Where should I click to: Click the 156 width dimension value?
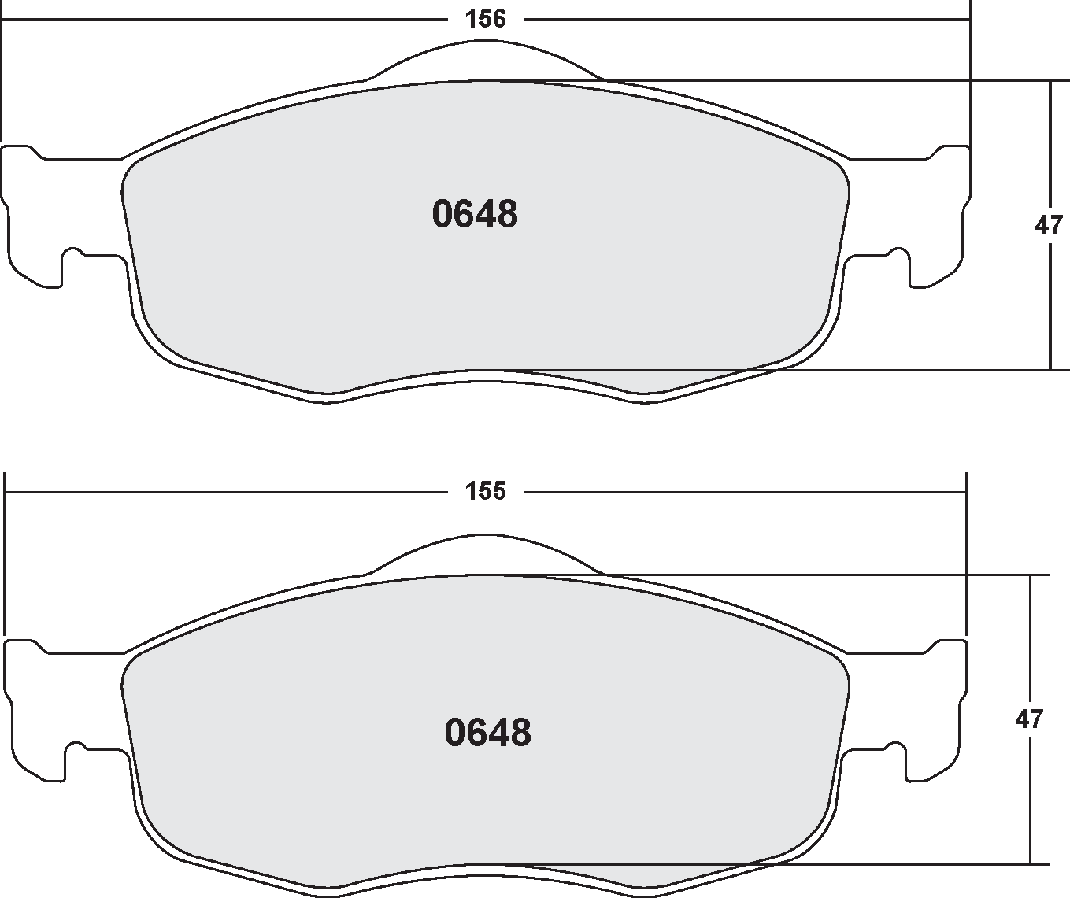click(x=485, y=19)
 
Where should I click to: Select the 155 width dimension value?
click(x=485, y=492)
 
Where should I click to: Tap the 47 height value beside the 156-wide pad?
click(x=1048, y=226)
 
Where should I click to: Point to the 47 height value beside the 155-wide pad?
click(x=1029, y=719)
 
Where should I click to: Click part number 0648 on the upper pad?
click(x=475, y=215)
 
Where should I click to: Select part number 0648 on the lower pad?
click(x=488, y=733)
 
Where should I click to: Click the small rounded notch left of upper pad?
click(x=72, y=253)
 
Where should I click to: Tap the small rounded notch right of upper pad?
click(x=898, y=253)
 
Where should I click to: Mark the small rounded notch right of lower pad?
click(x=894, y=748)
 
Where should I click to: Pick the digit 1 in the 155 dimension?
click(x=470, y=492)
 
